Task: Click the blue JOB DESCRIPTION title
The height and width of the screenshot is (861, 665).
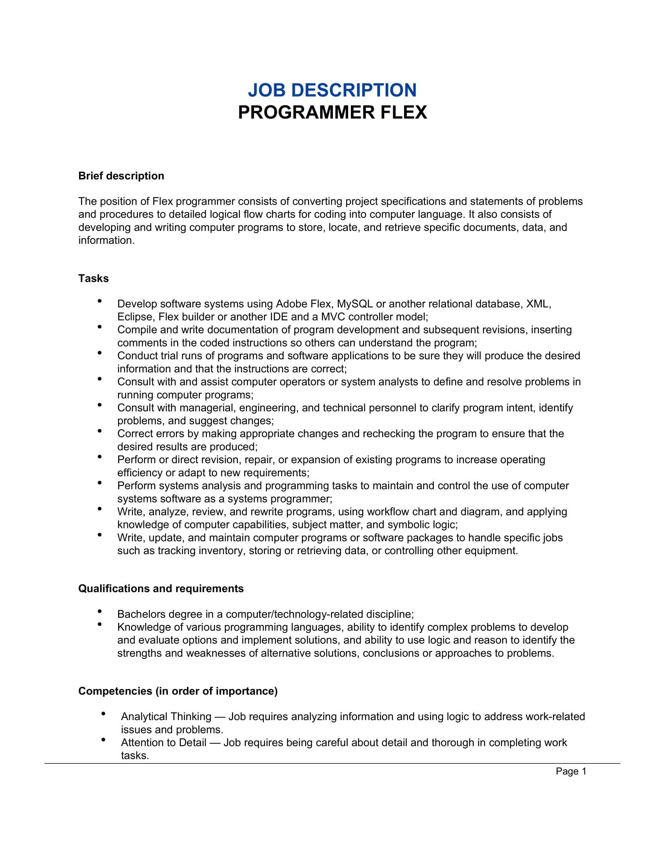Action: (x=332, y=90)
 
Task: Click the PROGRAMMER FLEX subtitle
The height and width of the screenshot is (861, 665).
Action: (x=332, y=113)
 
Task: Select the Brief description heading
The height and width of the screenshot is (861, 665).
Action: (x=121, y=176)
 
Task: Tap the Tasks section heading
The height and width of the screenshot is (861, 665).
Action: (x=93, y=279)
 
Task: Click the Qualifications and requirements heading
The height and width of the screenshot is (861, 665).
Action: (x=161, y=589)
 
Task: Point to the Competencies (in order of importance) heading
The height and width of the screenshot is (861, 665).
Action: (x=178, y=691)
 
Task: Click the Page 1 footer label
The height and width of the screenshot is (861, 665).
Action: (x=571, y=771)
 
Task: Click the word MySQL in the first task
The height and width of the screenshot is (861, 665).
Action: (x=354, y=304)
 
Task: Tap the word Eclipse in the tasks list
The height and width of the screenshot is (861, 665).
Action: (x=135, y=317)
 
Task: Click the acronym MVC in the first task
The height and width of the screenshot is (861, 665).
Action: (x=333, y=317)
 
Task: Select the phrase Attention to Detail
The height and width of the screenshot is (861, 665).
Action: (x=164, y=743)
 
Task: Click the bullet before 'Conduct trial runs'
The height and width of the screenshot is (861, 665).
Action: (x=100, y=353)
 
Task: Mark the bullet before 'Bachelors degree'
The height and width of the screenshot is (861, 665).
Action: (x=100, y=611)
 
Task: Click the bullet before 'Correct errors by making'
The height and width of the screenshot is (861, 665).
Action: (x=100, y=431)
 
